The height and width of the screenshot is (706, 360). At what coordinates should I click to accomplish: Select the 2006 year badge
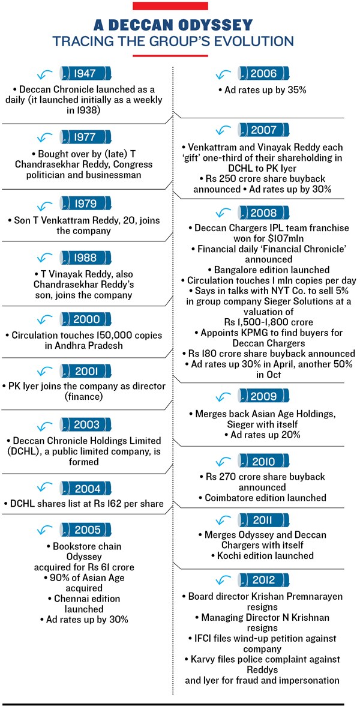pos(263,74)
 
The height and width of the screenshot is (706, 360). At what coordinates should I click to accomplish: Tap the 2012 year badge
pos(264,579)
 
